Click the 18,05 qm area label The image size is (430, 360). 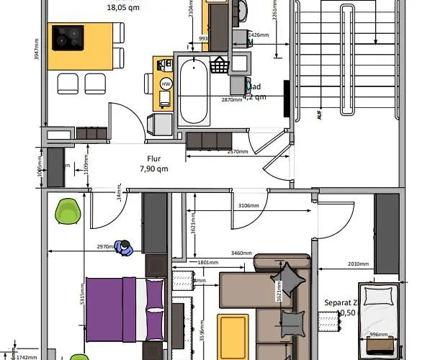click(x=123, y=9)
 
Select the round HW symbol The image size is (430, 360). click(x=166, y=84)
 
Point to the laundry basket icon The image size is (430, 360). click(x=218, y=65)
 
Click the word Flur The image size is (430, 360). click(x=153, y=160)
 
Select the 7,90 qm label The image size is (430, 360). click(x=153, y=169)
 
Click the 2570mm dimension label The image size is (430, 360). click(x=238, y=153)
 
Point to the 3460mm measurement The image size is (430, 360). click(x=241, y=253)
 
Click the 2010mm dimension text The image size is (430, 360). click(x=357, y=264)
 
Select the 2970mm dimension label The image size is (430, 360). click(x=106, y=247)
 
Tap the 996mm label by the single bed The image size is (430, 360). click(x=379, y=335)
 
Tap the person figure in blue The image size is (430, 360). click(x=125, y=248)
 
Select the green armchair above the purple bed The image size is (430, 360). click(x=68, y=211)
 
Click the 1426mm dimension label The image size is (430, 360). click(x=259, y=35)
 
